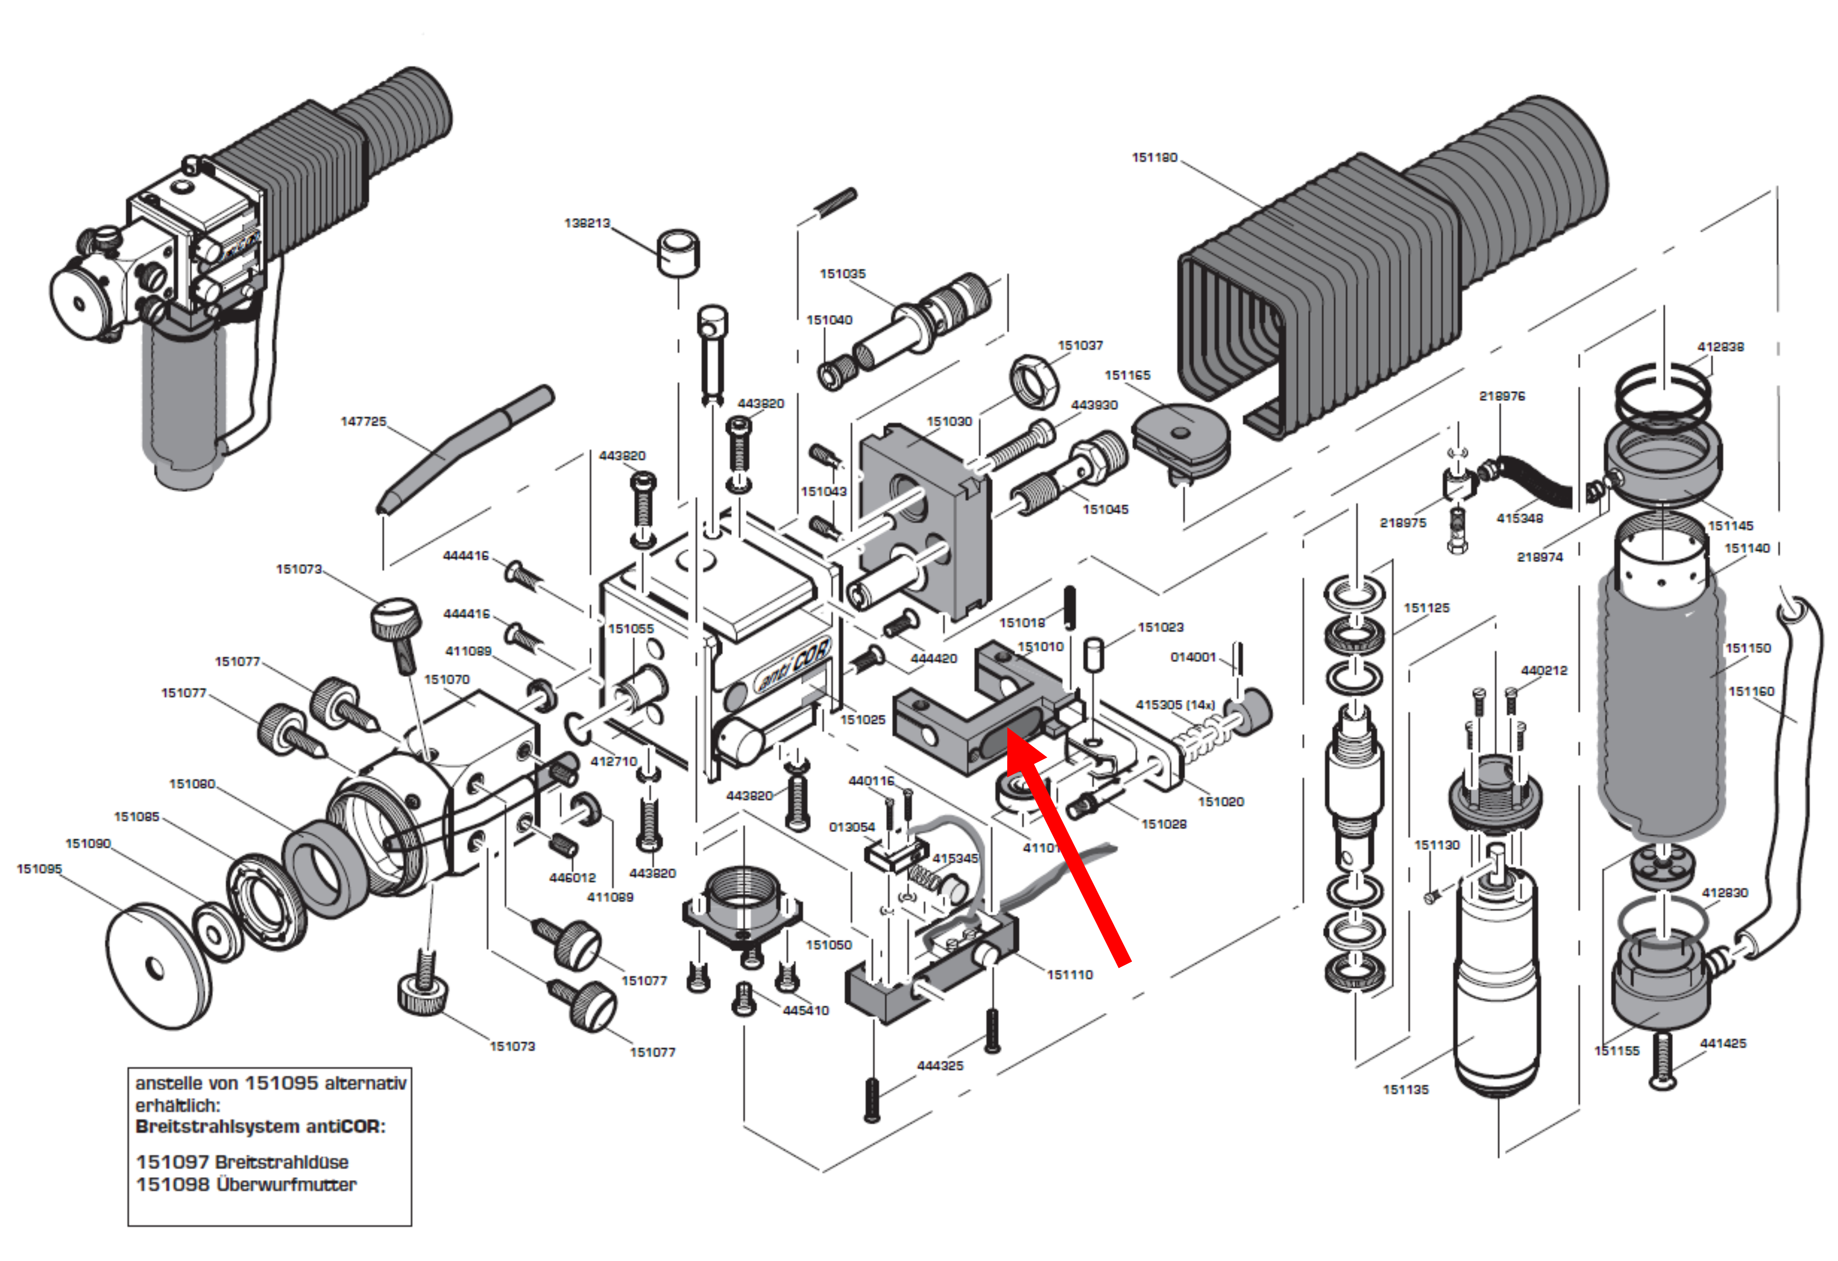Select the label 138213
587,223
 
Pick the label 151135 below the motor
1405,1089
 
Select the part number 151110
1069,975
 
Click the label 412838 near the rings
1720,346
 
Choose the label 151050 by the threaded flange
828,944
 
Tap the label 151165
1127,375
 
